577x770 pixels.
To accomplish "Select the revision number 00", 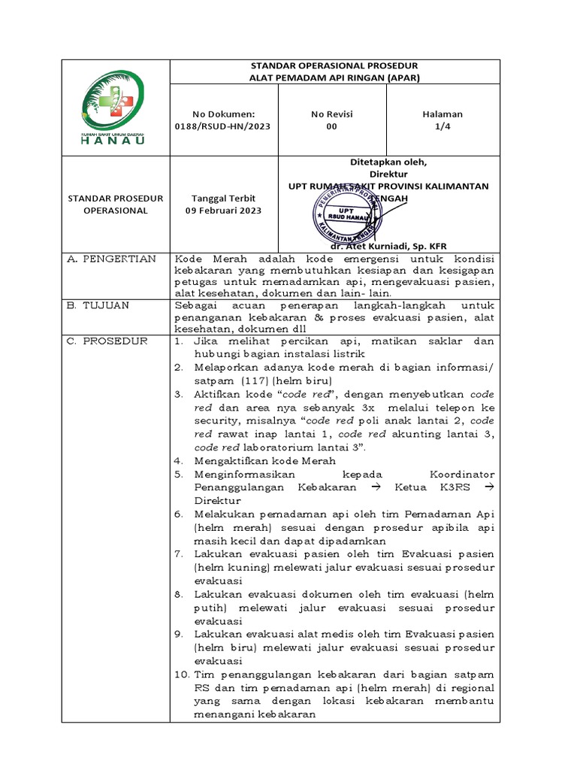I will [x=331, y=126].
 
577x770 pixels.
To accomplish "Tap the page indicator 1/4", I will [x=442, y=126].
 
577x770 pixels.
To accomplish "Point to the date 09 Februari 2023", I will [x=223, y=211].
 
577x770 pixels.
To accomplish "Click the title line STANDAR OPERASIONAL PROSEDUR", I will [x=334, y=66].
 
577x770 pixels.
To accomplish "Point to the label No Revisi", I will [x=331, y=114].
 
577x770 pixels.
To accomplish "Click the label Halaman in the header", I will [x=442, y=114].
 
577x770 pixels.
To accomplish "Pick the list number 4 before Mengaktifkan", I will [x=179, y=461].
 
